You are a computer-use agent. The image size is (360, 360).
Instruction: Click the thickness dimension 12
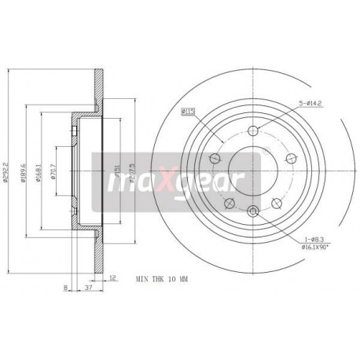coord(113,277)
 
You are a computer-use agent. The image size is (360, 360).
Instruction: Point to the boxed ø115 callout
coord(189,112)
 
